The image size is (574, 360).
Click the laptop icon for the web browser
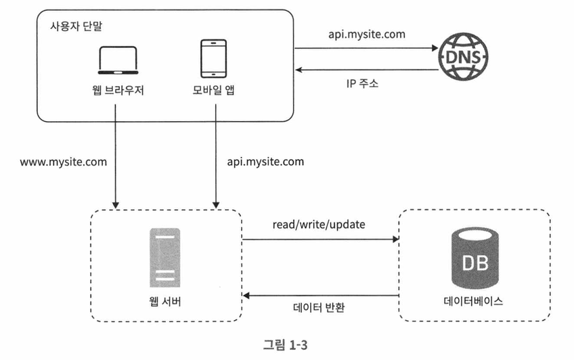click(x=118, y=60)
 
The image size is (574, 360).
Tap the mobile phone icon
click(x=213, y=59)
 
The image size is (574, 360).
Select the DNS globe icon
click(x=464, y=57)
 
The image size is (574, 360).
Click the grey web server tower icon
click(x=164, y=258)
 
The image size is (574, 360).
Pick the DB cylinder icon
click(x=474, y=258)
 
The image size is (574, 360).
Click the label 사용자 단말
click(x=76, y=26)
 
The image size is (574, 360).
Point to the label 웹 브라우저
click(x=118, y=90)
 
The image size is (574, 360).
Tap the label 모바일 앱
click(x=213, y=90)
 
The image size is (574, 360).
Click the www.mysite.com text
click(x=64, y=162)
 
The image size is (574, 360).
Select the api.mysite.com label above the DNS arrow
click(x=367, y=35)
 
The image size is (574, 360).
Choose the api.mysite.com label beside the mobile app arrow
click(x=265, y=162)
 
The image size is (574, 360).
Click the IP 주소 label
click(x=362, y=84)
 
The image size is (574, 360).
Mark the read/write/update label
click(x=319, y=224)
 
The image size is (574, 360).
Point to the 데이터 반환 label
click(x=319, y=307)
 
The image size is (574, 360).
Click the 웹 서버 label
click(x=165, y=301)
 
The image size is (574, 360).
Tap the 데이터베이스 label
click(x=473, y=301)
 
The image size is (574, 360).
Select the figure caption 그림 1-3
click(x=286, y=344)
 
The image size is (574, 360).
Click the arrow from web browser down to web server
click(x=115, y=156)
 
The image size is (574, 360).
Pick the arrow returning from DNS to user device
click(x=367, y=70)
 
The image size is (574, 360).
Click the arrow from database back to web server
click(x=321, y=295)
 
